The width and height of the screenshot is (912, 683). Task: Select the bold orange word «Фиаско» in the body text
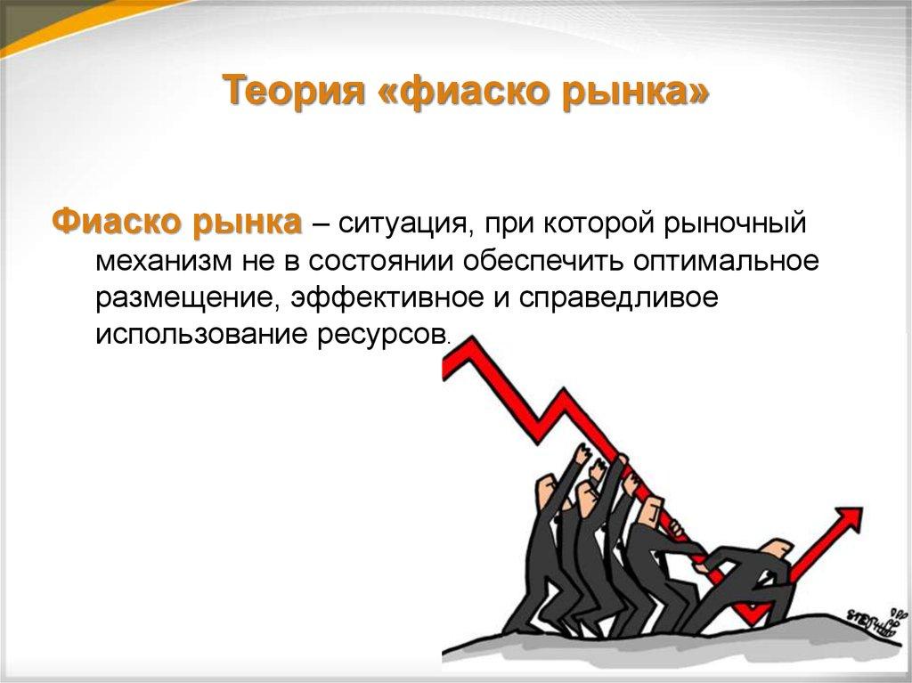[x=117, y=222]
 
